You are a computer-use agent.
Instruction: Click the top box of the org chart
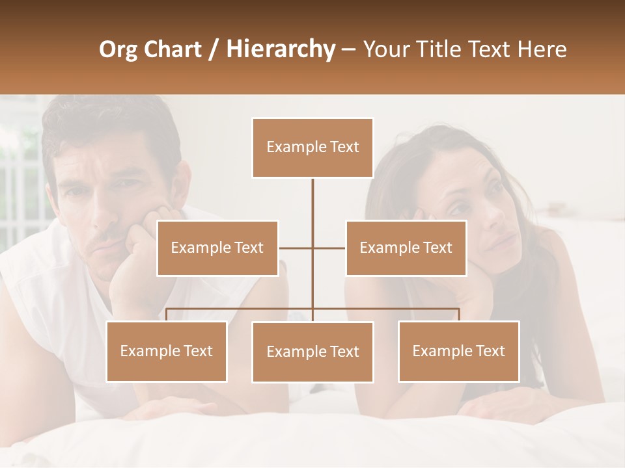(312, 148)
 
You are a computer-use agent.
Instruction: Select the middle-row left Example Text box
(217, 248)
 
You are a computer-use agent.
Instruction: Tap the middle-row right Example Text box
(406, 248)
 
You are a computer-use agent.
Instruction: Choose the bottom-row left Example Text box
(167, 351)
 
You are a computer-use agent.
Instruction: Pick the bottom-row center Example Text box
(312, 352)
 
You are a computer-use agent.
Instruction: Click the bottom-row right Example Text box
(458, 351)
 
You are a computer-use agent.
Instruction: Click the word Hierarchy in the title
(281, 49)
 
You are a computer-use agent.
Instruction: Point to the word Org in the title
(118, 49)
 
